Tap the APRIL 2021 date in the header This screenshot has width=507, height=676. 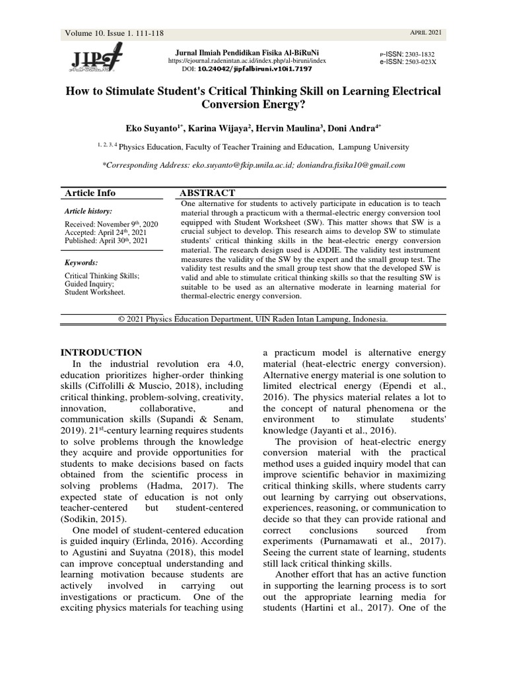point(427,33)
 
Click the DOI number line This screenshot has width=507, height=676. point(247,69)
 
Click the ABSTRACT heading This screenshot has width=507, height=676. point(207,193)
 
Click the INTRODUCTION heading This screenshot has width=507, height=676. point(101,353)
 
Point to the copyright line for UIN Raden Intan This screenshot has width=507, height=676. point(253,319)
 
